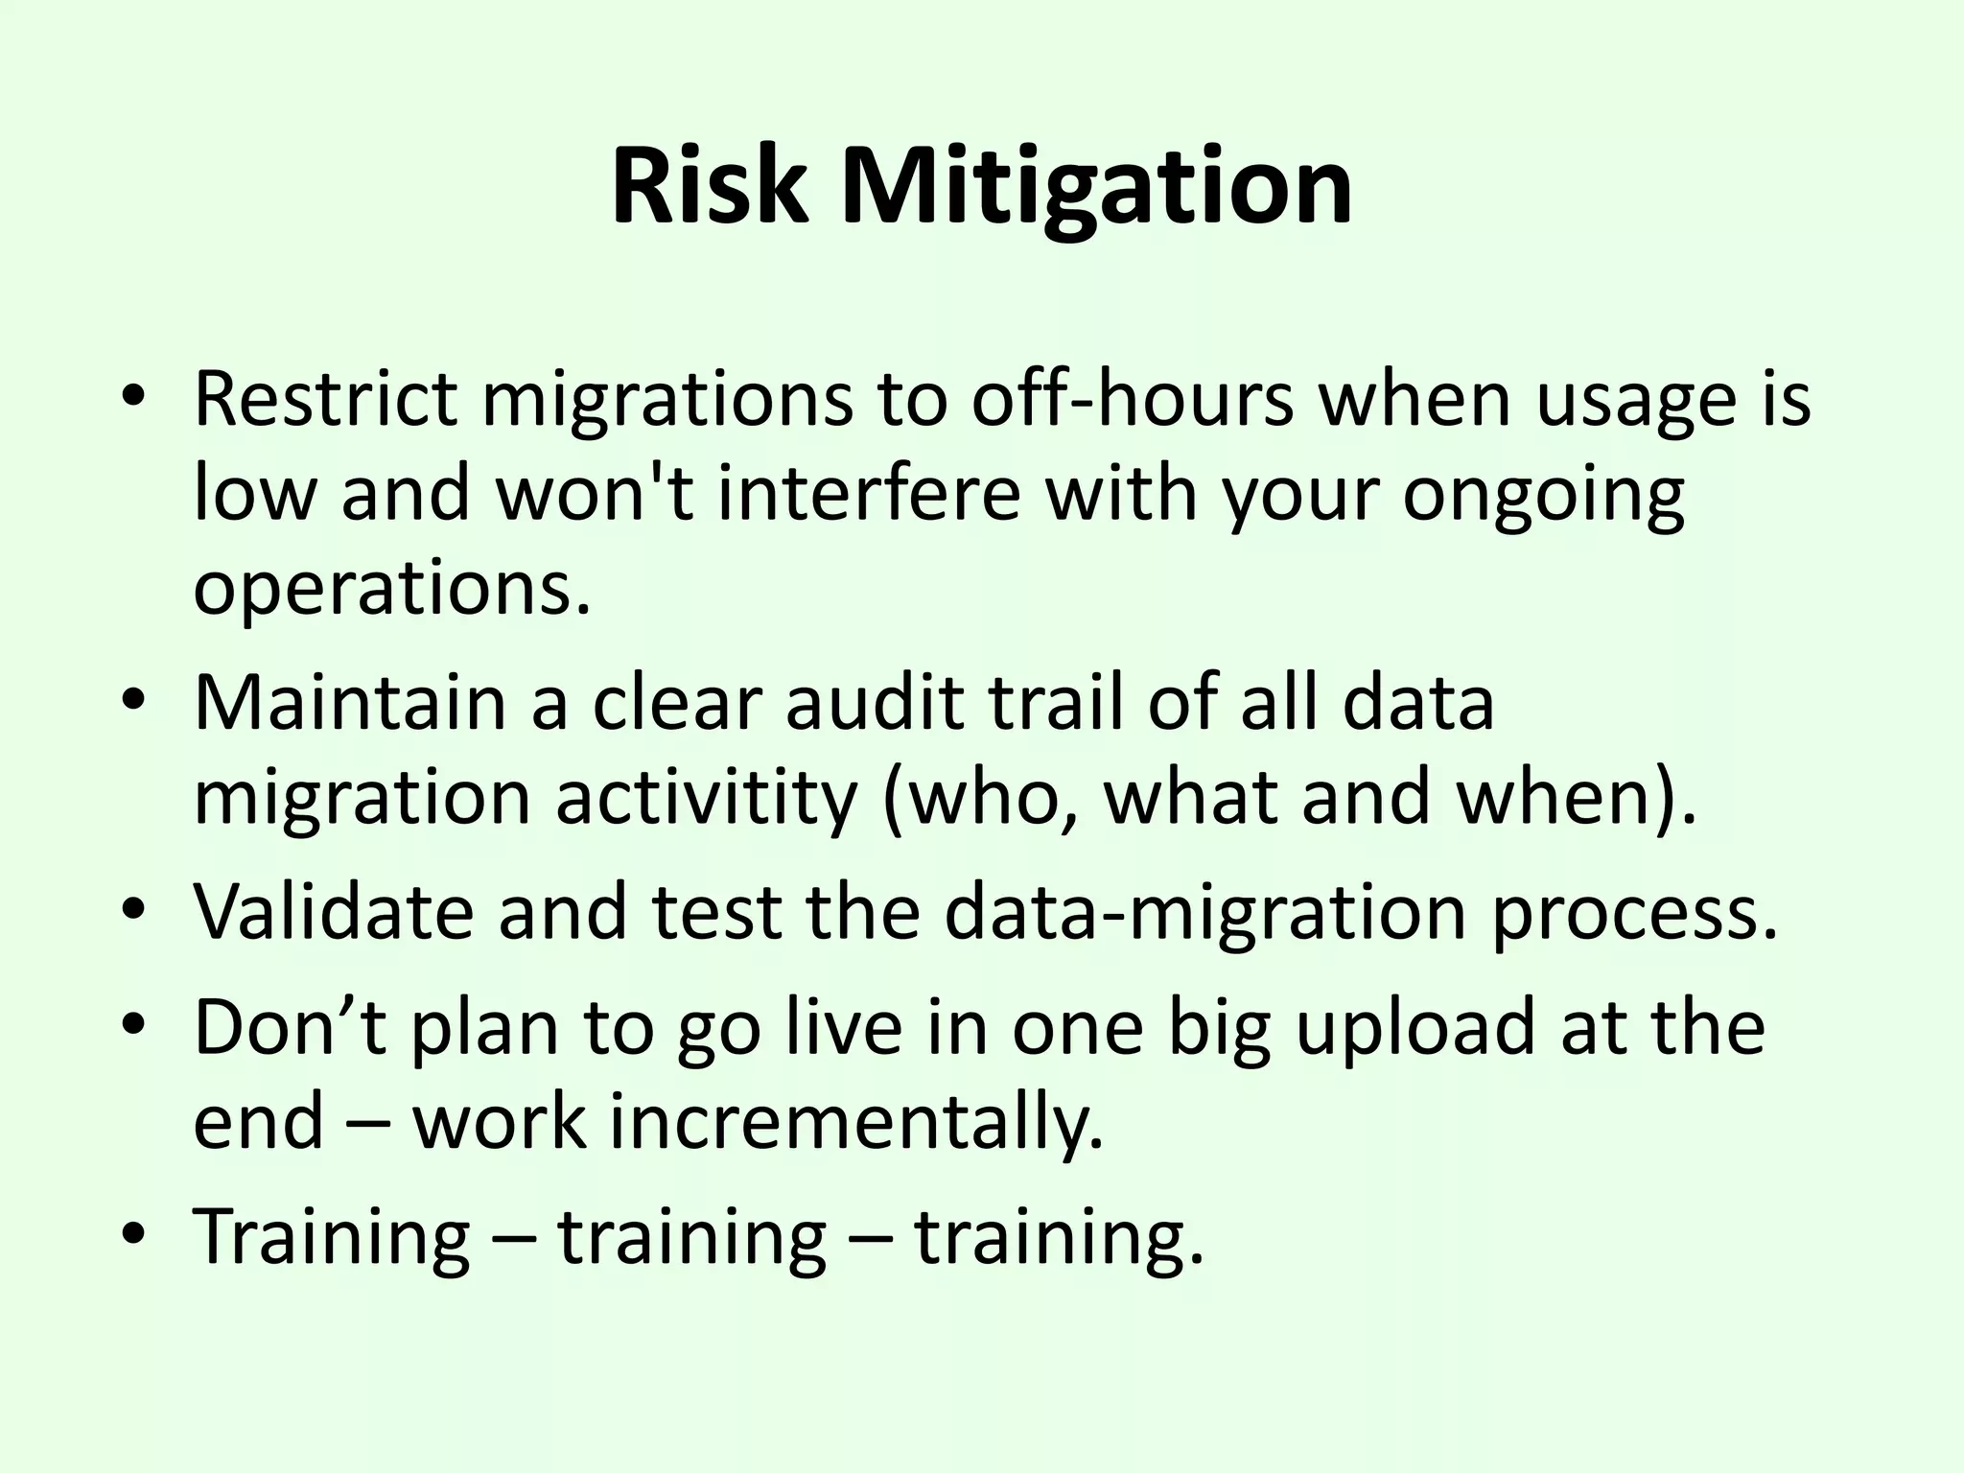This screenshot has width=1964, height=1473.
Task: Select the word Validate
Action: coord(334,911)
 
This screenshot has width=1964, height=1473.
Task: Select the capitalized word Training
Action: coord(332,1237)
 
